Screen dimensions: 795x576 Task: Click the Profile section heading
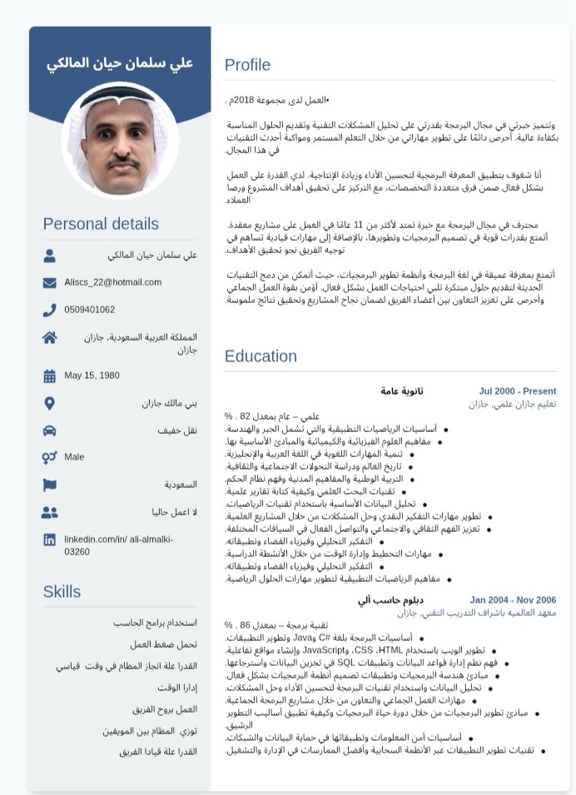(x=247, y=65)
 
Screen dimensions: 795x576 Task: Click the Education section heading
(x=261, y=356)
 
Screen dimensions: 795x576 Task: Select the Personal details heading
(x=101, y=224)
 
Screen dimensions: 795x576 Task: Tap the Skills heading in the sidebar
(x=62, y=592)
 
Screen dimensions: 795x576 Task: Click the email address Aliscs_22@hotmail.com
(x=113, y=282)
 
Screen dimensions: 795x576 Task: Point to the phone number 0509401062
(x=90, y=310)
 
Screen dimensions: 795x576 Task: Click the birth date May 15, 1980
(x=92, y=375)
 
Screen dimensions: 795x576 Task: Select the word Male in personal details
(x=74, y=457)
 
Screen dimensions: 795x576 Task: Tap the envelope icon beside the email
(x=50, y=283)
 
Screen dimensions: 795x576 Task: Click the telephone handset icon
(x=50, y=310)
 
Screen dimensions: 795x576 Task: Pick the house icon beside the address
(x=50, y=337)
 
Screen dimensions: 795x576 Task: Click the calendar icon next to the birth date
(x=50, y=376)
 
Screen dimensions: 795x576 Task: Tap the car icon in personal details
(x=50, y=430)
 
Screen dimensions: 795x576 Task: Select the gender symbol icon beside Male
(x=49, y=457)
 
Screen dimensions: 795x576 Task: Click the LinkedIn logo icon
(x=50, y=540)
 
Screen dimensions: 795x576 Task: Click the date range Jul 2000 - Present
(x=517, y=391)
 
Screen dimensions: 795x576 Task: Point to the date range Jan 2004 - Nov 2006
(x=513, y=600)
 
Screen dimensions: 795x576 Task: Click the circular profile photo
(x=120, y=141)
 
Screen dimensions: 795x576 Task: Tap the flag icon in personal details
(x=50, y=484)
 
